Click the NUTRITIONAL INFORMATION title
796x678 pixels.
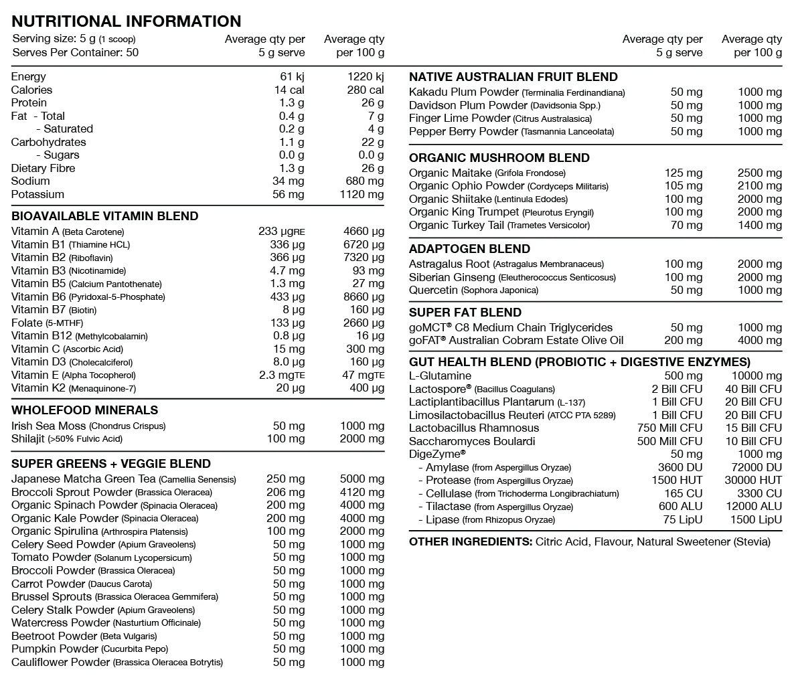(x=127, y=21)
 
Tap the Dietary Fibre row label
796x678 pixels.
(x=43, y=168)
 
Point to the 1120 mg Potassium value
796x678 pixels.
(x=362, y=194)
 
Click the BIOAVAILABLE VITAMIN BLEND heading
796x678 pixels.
(x=104, y=216)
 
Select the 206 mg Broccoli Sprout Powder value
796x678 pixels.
(x=285, y=492)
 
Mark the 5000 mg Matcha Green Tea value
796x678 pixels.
(x=362, y=479)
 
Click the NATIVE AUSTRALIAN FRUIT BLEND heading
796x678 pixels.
(x=513, y=77)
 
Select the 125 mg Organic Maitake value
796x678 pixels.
(x=684, y=173)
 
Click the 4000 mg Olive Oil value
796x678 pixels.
(x=760, y=341)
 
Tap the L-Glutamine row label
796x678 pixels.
(x=440, y=376)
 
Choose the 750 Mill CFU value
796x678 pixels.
(x=670, y=428)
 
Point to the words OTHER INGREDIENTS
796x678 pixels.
(x=470, y=541)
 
